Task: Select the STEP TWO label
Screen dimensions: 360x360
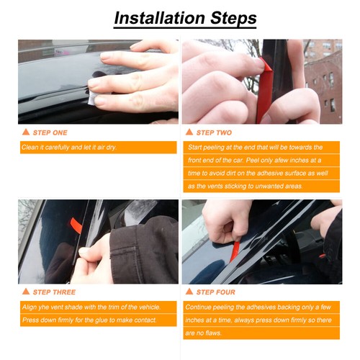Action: pyautogui.click(x=214, y=132)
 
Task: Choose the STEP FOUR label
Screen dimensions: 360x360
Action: pyautogui.click(x=216, y=292)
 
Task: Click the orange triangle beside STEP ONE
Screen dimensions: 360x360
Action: pyautogui.click(x=26, y=132)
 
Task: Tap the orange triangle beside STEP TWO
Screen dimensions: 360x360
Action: pyautogui.click(x=189, y=132)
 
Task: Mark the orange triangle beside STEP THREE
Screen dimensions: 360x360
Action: pyautogui.click(x=26, y=292)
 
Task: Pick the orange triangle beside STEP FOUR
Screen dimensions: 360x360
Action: pyautogui.click(x=189, y=292)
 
